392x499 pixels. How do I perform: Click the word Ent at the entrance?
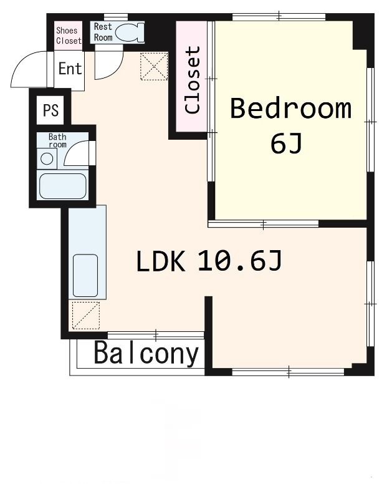click(70, 69)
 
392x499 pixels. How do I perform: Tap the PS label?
click(50, 110)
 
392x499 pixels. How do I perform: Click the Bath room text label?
click(57, 140)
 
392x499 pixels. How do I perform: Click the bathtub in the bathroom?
click(62, 186)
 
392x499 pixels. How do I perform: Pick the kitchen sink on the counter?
click(85, 275)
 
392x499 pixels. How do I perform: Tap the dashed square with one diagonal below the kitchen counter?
click(85, 315)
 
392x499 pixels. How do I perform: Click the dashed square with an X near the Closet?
click(154, 66)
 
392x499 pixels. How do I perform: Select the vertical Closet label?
click(193, 80)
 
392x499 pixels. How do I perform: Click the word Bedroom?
click(290, 109)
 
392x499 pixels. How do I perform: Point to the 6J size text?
click(286, 144)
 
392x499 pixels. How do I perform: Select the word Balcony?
click(146, 354)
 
